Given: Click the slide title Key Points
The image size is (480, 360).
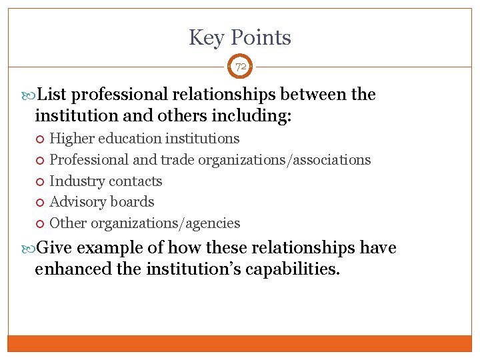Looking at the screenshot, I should point(240,37).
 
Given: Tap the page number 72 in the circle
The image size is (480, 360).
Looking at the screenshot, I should point(240,67).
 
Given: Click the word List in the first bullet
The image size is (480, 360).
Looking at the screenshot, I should point(53,95).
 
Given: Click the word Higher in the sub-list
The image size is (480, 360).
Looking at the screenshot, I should point(73,139).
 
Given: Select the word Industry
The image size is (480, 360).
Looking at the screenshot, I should point(77,181).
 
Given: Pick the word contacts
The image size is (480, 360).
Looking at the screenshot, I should point(135,181).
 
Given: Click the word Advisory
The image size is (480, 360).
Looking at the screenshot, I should point(79,202).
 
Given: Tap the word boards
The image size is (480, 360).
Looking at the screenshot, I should point(133,202).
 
